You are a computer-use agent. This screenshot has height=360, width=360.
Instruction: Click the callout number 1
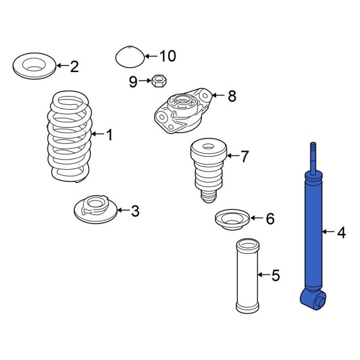tap(109, 135)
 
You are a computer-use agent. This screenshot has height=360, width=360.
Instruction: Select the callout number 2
tap(74, 67)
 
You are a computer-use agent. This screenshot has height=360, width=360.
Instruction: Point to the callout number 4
tap(341, 232)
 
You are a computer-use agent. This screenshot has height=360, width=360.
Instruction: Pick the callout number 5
tap(275, 275)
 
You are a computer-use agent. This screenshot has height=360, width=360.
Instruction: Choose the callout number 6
tap(269, 219)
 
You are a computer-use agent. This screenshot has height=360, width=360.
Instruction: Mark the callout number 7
tap(244, 157)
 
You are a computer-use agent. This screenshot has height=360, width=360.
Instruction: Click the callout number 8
tap(232, 95)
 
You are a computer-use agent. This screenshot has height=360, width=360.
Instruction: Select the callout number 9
tap(133, 82)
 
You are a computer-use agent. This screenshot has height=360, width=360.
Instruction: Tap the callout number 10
tap(167, 56)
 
